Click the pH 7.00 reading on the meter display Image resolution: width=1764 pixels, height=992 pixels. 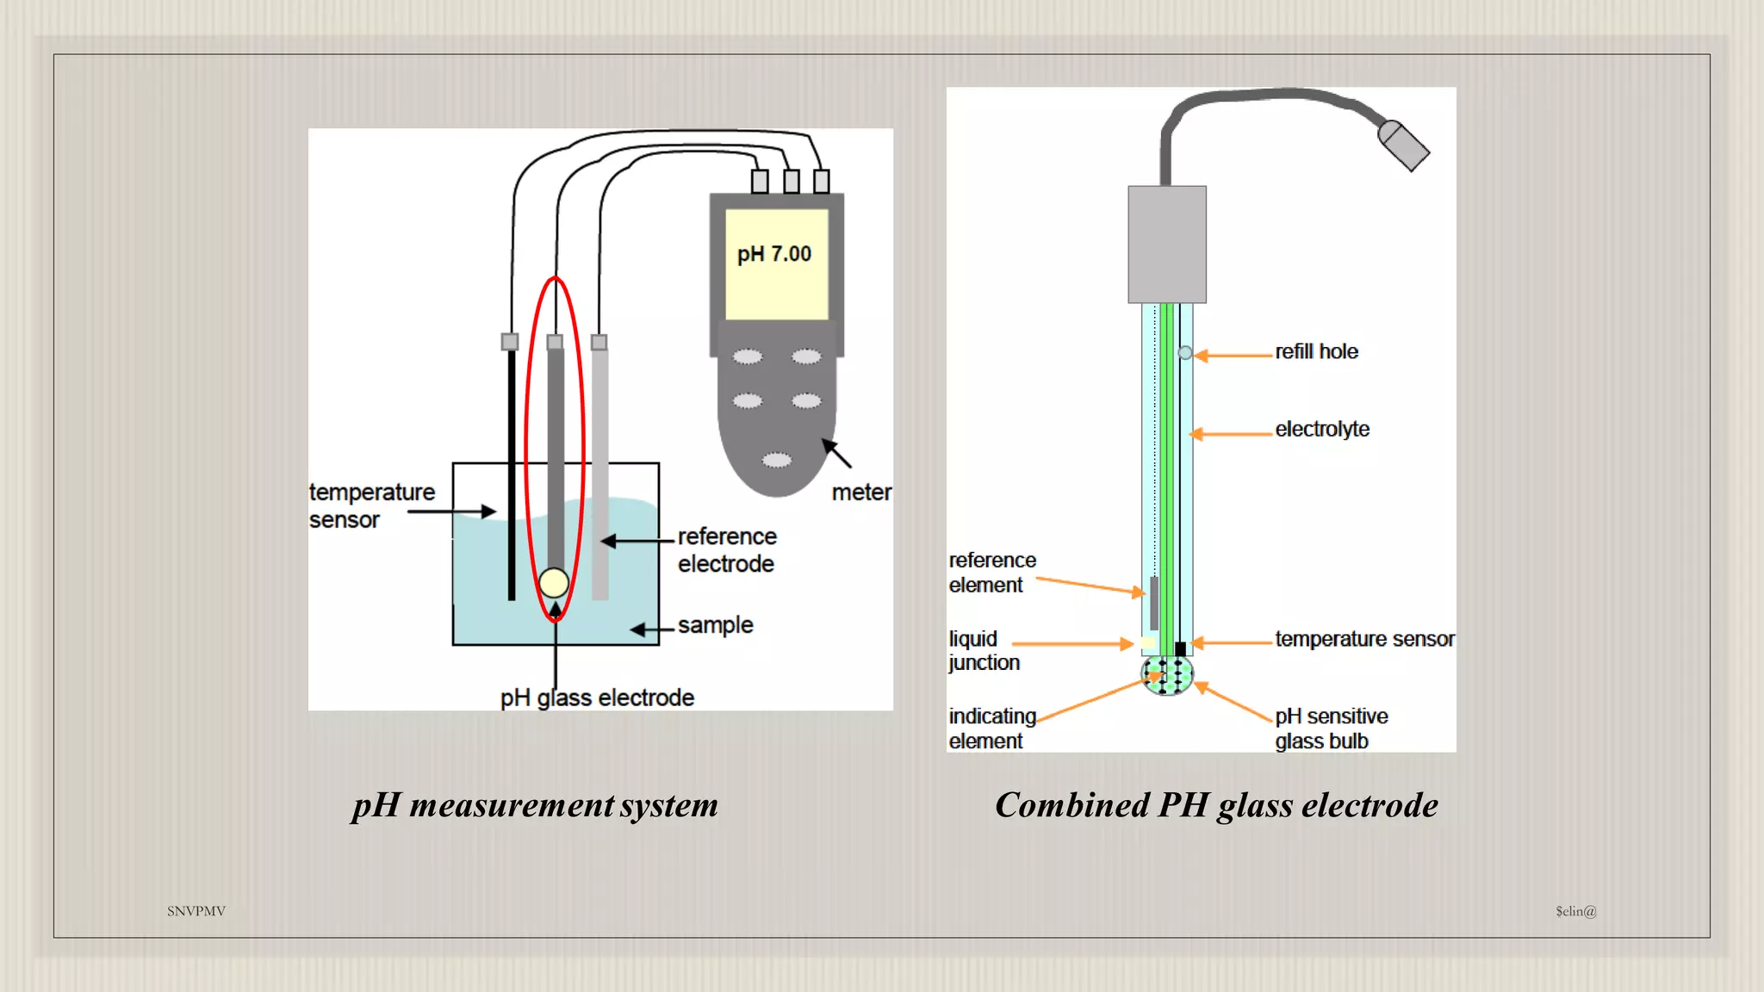point(773,254)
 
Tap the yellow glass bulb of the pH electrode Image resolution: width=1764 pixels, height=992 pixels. point(554,583)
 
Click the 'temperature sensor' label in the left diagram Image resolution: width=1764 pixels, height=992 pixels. point(371,505)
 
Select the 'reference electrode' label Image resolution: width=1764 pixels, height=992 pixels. point(726,549)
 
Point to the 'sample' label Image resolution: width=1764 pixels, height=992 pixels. point(715,625)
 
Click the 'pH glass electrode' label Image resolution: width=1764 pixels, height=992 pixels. point(597,697)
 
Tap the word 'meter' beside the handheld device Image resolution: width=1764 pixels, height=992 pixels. point(860,493)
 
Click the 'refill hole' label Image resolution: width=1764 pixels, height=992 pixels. point(1316,351)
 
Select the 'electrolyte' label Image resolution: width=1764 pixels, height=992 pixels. point(1322,429)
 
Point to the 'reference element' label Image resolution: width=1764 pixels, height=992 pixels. point(991,573)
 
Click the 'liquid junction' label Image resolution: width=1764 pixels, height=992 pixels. point(984,650)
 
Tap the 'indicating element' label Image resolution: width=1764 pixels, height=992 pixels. point(991,728)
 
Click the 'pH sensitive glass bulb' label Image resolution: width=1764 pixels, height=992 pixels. point(1331,728)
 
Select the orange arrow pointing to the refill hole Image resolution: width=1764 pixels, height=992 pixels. point(1233,355)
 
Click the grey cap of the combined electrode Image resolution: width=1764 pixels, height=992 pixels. point(1167,245)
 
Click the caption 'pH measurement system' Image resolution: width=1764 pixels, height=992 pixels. point(535,805)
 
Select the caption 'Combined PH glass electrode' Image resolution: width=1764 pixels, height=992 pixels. point(1216,805)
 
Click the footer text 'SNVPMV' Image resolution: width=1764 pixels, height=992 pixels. point(196,911)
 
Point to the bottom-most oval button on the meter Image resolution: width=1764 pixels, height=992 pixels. point(777,460)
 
